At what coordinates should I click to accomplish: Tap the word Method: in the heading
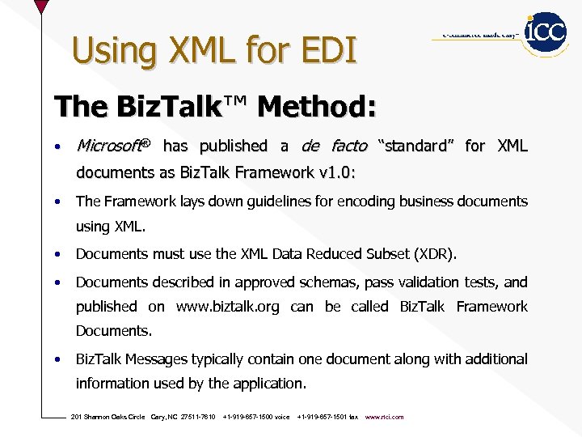pos(318,106)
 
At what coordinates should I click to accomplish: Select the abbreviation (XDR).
pos(434,254)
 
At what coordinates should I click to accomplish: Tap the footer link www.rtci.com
pos(385,417)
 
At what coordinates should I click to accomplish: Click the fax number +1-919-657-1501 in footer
pos(322,417)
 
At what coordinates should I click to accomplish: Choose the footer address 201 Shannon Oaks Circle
pos(108,417)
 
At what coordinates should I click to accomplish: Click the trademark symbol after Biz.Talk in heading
pos(236,102)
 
